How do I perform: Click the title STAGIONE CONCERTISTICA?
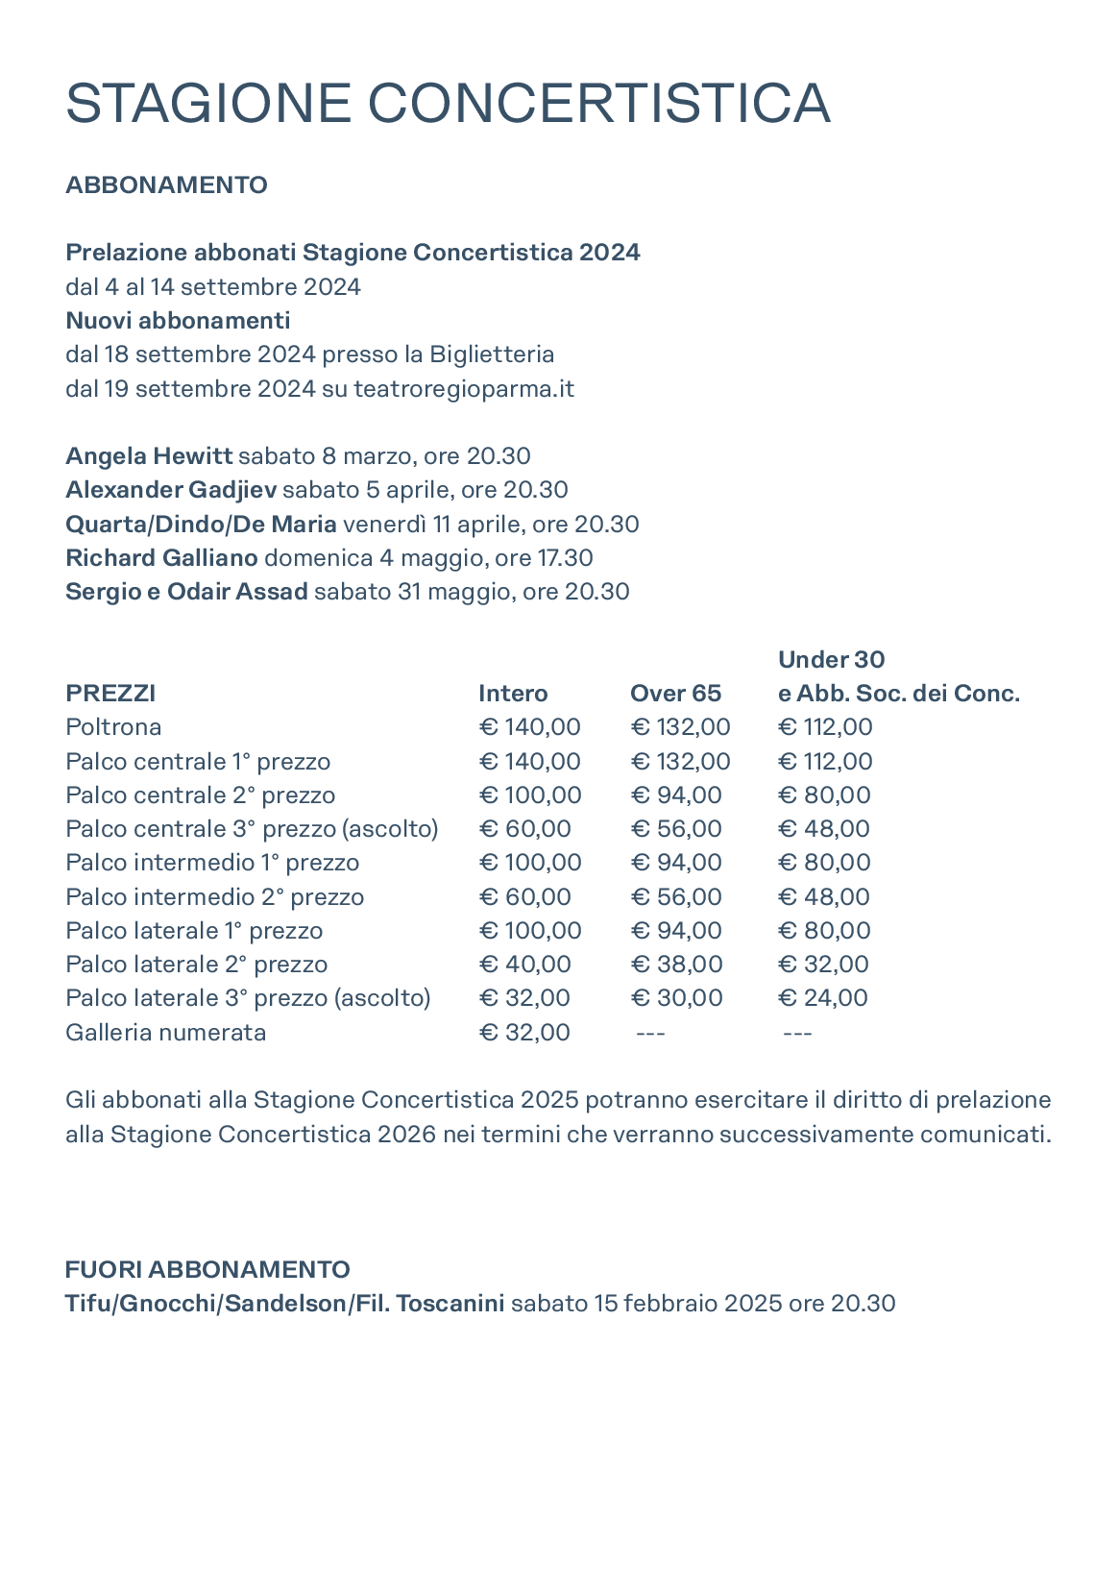448,104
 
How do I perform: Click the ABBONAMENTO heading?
166,184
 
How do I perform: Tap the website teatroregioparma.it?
464,388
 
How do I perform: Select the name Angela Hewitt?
149,455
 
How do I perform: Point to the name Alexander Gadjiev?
171,490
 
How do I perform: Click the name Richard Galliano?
161,557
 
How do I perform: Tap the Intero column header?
513,693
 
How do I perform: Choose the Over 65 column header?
675,693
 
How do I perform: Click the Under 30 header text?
831,659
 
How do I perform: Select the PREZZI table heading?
110,693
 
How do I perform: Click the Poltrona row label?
113,726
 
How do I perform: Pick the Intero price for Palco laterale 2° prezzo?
524,964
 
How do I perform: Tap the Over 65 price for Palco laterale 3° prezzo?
676,997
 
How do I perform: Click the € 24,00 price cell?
822,997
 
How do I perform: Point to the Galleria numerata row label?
165,1032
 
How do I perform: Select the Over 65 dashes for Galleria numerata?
650,1033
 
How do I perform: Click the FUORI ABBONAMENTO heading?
207,1269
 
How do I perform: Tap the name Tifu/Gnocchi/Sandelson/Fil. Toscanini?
284,1303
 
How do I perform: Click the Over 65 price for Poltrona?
680,726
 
